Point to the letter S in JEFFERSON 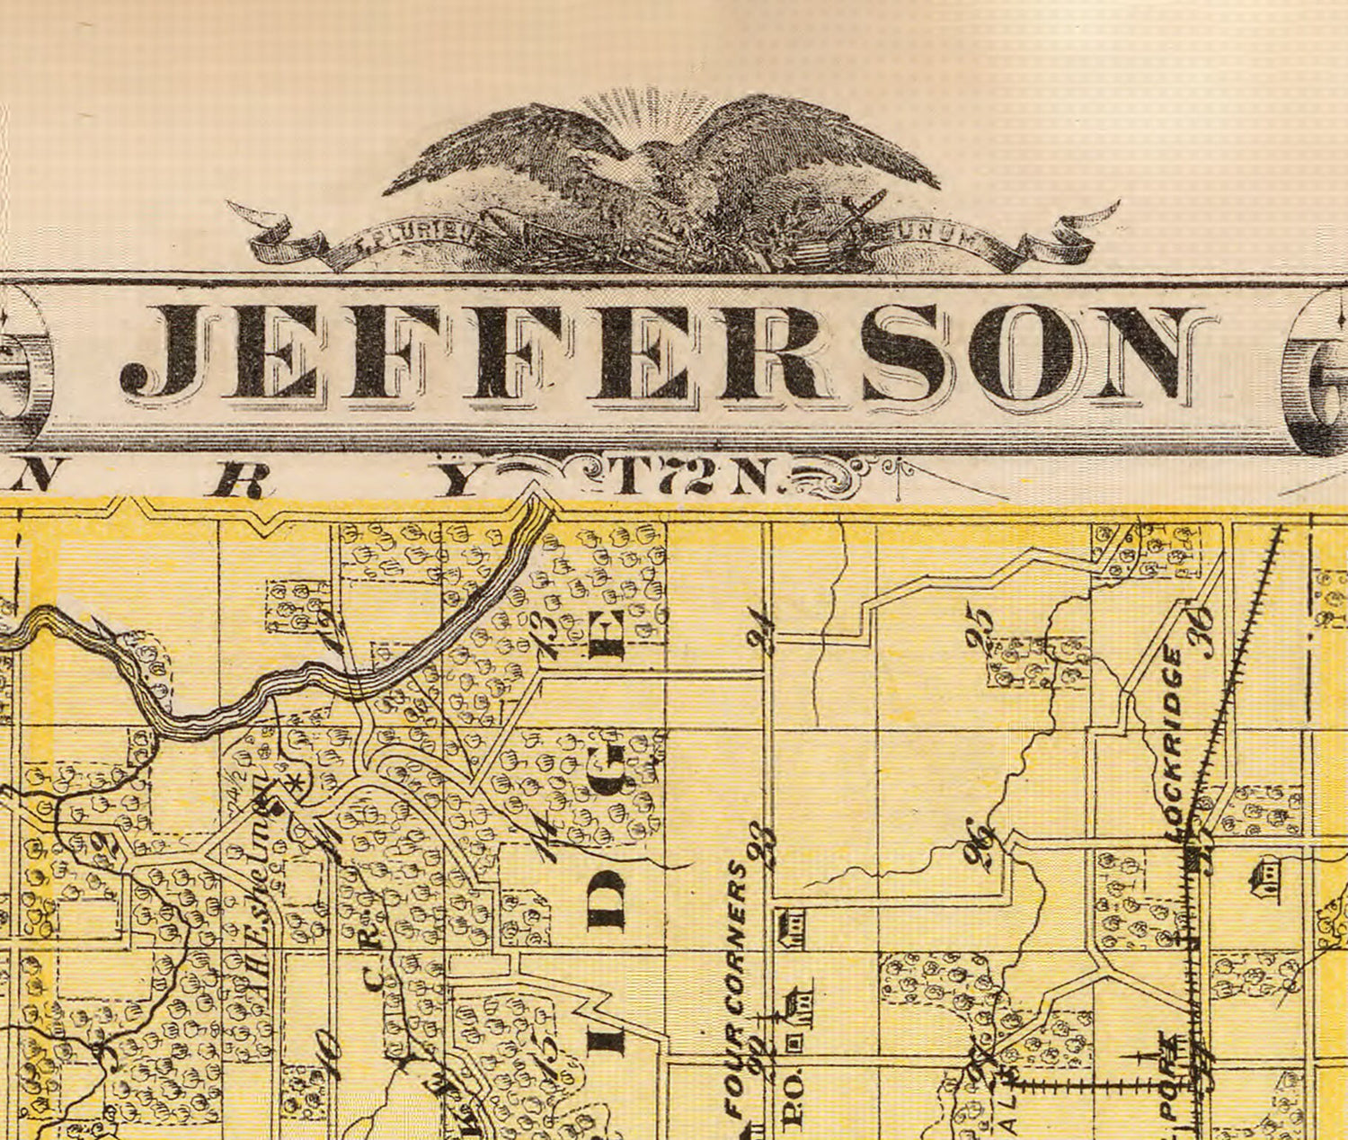[902, 352]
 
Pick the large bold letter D [610, 899]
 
